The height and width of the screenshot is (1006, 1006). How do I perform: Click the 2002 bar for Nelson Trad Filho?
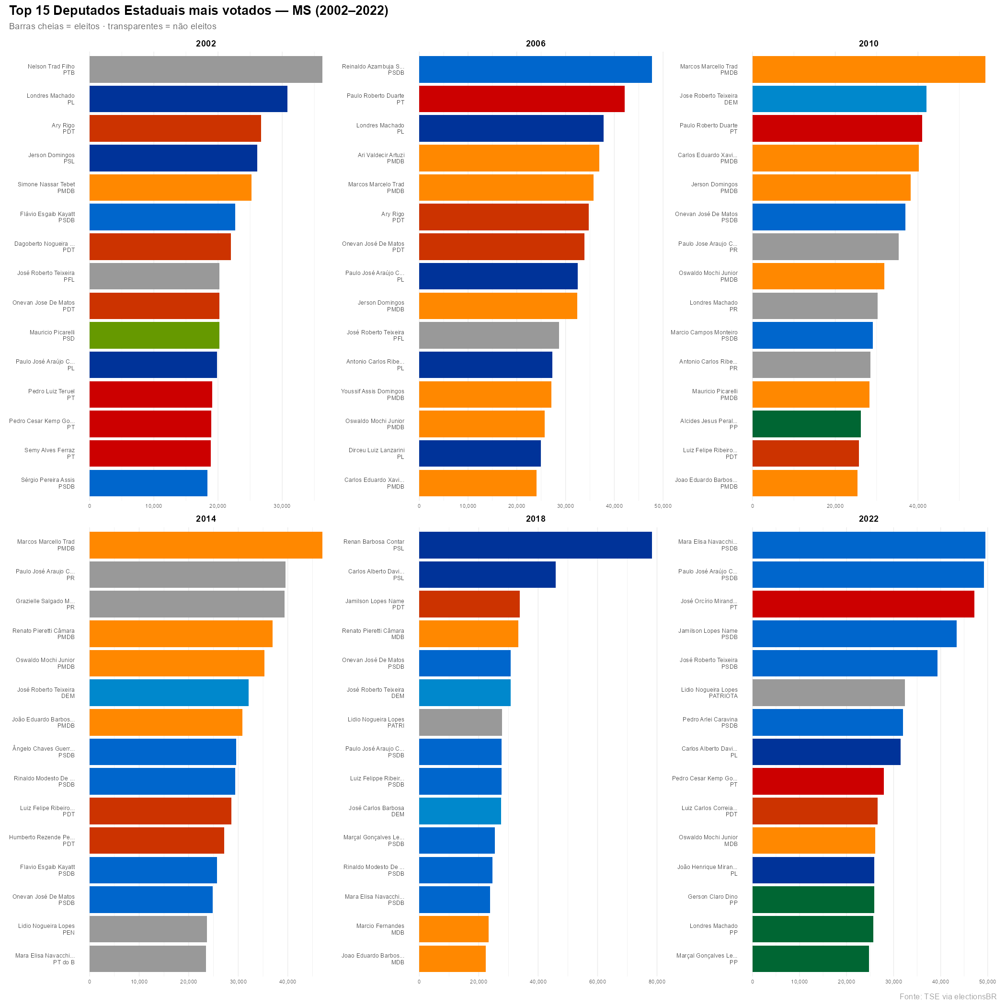click(x=206, y=69)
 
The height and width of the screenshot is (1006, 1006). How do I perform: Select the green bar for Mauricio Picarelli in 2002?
click(x=154, y=335)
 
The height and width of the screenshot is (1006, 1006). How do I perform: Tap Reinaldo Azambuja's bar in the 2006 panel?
click(x=535, y=69)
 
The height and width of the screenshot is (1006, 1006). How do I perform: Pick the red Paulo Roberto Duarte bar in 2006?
click(x=522, y=99)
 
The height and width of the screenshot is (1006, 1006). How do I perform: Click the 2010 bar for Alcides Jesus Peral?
click(x=806, y=424)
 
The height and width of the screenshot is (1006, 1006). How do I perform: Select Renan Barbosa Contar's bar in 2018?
click(x=535, y=545)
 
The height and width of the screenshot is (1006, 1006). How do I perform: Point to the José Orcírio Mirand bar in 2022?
click(x=863, y=604)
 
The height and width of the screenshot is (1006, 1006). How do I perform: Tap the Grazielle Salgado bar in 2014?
click(x=187, y=604)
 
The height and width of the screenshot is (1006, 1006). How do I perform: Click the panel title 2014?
click(x=206, y=519)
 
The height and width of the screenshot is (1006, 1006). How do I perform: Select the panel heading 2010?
click(x=868, y=44)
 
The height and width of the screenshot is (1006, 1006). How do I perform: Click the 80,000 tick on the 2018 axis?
click(x=657, y=982)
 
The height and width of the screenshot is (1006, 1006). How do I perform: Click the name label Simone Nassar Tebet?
click(x=46, y=187)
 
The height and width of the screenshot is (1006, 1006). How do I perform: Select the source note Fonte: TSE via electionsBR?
click(x=947, y=996)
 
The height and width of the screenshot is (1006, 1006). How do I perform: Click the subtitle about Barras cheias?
click(x=113, y=26)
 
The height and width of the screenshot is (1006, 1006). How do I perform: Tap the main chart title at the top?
click(x=198, y=11)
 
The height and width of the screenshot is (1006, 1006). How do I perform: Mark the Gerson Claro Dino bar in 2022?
click(x=813, y=899)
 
